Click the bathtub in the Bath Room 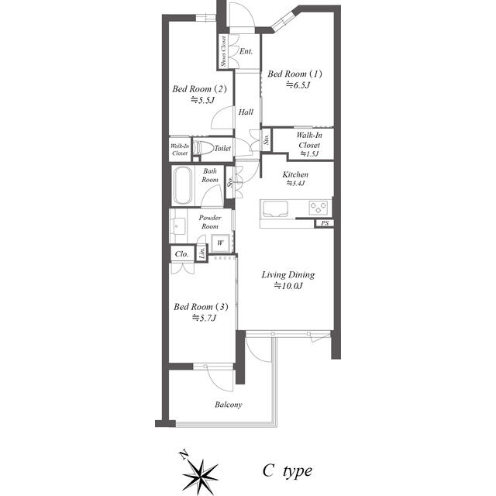coord(183,185)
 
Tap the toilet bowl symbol coord(203,148)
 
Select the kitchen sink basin coord(274,208)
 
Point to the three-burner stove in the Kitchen coord(318,208)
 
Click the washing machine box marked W coord(220,243)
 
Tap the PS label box coord(325,223)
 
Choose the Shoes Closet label coord(223,51)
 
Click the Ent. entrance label coord(246,51)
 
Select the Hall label coord(246,112)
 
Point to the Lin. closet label coord(202,253)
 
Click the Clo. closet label coord(181,254)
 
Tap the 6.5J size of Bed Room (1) coord(298,85)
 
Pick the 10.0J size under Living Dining coord(288,286)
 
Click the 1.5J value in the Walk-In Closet coord(309,154)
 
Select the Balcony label coord(228,405)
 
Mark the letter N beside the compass coord(184,455)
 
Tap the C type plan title coord(288,471)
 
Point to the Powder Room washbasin coord(177,226)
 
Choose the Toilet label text coord(222,148)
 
